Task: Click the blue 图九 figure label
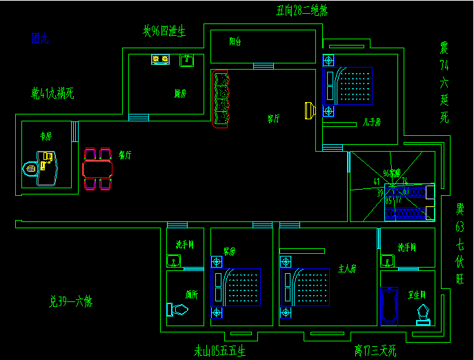(40, 39)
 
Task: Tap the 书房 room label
(46, 137)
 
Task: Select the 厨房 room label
(181, 94)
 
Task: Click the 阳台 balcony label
(235, 41)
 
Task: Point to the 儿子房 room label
(372, 123)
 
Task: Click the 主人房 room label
(347, 268)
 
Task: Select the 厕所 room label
(192, 294)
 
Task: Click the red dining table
(97, 168)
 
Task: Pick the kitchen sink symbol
(186, 61)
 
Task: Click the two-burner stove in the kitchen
(161, 60)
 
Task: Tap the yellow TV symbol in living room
(310, 110)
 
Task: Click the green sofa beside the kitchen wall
(221, 98)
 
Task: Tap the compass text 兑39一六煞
(70, 301)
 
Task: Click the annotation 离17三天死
(375, 351)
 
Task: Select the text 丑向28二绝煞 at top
(302, 10)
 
